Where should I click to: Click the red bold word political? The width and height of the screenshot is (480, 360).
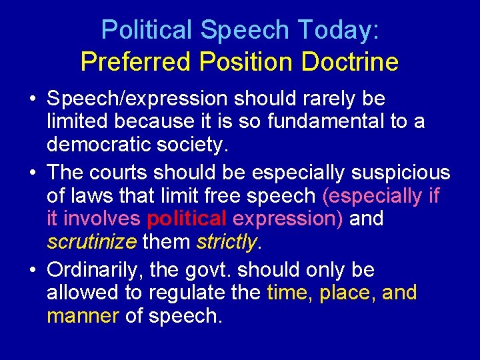pos(187,219)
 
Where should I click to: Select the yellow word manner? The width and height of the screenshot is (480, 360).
pos(83,315)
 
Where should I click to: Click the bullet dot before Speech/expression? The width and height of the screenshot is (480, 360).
pos(33,99)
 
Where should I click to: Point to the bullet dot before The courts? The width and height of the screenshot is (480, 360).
pos(33,172)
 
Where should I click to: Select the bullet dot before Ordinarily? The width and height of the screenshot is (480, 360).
pos(33,271)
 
